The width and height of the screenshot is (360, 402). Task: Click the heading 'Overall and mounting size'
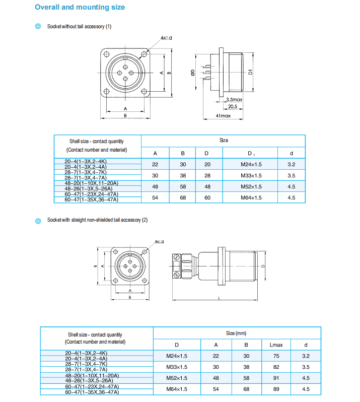coord(80,8)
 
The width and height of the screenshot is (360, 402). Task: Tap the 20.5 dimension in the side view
coord(232,106)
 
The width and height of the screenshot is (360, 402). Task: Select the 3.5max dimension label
coord(234,99)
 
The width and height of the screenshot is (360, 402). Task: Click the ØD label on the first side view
coord(193,73)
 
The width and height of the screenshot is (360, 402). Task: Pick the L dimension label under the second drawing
coord(220,298)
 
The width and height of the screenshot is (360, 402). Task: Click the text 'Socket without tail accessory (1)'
coord(79,26)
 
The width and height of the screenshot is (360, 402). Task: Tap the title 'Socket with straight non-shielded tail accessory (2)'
coord(97,220)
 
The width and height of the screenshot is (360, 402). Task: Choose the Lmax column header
coord(276,345)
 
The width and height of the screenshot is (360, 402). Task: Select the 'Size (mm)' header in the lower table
coord(236,333)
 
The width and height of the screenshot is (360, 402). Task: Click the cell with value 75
coord(276,356)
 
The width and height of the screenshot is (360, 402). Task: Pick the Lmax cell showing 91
coord(276,378)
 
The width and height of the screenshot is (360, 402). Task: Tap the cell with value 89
coord(276,389)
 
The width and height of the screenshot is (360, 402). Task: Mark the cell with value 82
coord(276,367)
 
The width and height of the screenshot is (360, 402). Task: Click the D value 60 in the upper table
coord(207,197)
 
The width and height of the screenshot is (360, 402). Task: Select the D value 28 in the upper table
coord(207,175)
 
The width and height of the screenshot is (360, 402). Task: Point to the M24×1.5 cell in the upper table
coord(250,164)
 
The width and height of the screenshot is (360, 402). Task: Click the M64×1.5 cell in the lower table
coord(177,389)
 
